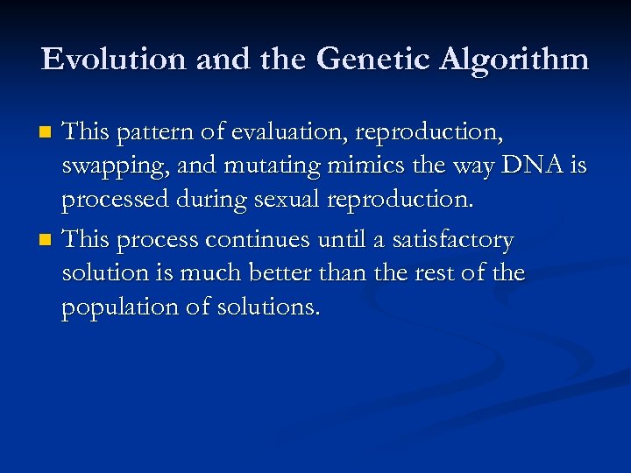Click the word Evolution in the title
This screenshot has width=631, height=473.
(x=115, y=59)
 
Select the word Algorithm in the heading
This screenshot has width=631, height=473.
(x=514, y=60)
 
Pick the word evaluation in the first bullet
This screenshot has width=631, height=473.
(x=270, y=132)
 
